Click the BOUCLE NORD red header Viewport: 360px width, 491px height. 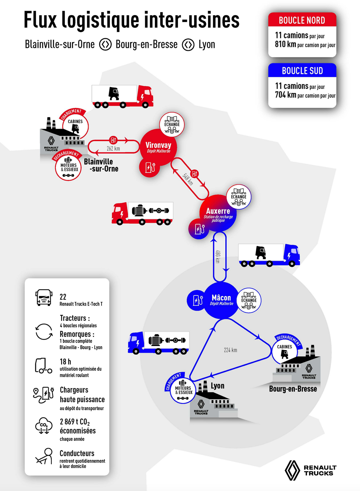[x=302, y=21]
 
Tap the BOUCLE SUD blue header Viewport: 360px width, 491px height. [x=302, y=71]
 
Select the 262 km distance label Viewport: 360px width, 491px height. [x=113, y=148]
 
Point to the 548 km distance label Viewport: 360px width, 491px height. [x=188, y=179]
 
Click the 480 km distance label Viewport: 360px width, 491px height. [x=217, y=256]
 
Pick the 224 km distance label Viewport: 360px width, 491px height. [x=230, y=350]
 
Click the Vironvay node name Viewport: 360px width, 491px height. [x=158, y=145]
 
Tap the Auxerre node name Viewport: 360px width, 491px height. [x=218, y=211]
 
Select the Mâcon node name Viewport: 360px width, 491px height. [x=221, y=298]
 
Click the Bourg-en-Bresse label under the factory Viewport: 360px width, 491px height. [x=293, y=389]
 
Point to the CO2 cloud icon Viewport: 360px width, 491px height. [x=44, y=426]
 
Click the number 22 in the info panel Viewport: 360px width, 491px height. [x=63, y=297]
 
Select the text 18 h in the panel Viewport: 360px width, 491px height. [x=66, y=362]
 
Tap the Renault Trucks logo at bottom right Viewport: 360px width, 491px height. [x=311, y=470]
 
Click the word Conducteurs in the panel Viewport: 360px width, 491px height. [x=77, y=453]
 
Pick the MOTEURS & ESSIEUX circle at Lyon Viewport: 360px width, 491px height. [x=184, y=390]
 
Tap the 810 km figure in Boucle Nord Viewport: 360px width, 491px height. [x=285, y=44]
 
